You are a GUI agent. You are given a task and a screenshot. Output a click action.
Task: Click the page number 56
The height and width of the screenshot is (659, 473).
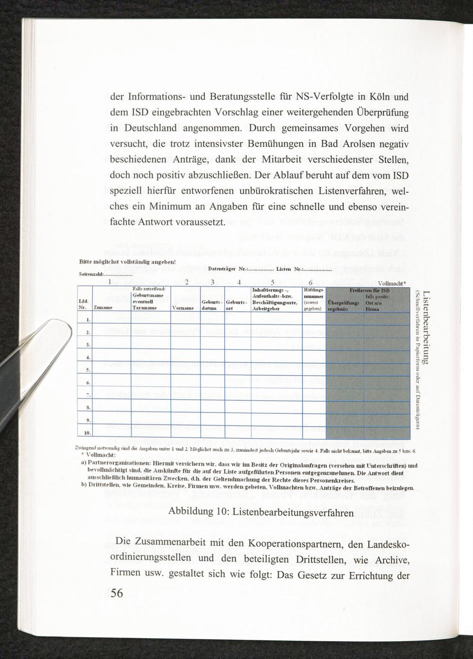[117, 593]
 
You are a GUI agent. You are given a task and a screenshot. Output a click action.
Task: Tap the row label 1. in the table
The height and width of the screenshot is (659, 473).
[88, 319]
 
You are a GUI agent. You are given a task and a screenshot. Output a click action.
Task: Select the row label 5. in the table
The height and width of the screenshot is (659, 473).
[88, 369]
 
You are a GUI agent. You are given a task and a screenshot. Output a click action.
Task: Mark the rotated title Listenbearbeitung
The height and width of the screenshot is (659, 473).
[426, 327]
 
